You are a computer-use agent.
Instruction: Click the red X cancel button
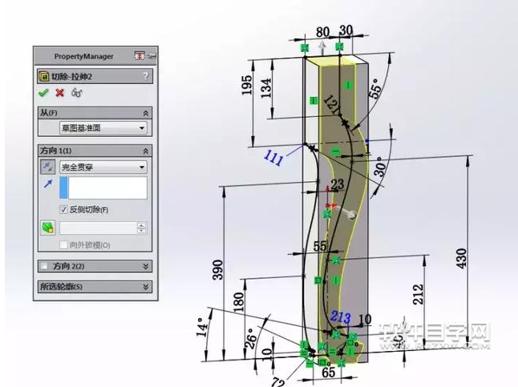point(59,93)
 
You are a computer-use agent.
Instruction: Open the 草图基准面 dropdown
point(103,128)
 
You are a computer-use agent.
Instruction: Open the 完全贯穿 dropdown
point(103,167)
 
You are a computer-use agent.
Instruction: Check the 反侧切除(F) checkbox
point(64,210)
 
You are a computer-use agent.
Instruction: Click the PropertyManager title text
point(83,56)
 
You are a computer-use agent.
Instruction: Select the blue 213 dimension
point(341,318)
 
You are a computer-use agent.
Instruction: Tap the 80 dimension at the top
point(322,33)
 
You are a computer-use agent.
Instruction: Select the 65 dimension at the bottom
point(328,373)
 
